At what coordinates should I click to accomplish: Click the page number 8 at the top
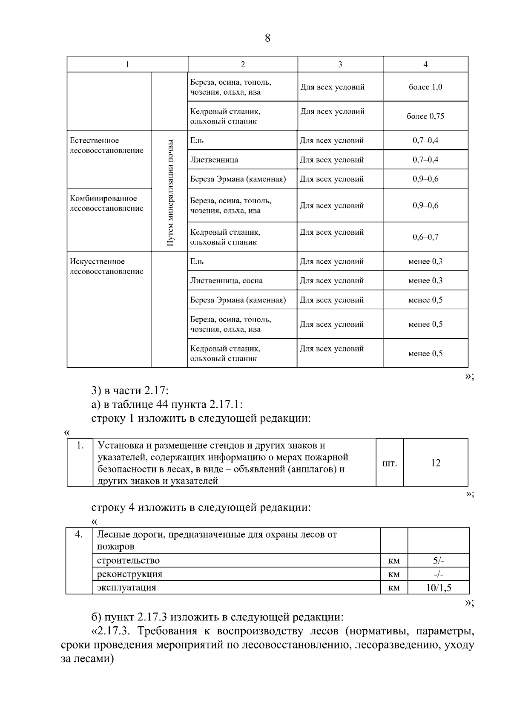(267, 38)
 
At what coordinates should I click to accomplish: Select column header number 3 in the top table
(340, 64)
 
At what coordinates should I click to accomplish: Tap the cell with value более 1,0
(425, 87)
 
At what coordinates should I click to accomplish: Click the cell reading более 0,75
(425, 116)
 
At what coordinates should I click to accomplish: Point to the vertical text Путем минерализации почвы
(170, 192)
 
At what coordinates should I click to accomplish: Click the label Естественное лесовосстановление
(106, 145)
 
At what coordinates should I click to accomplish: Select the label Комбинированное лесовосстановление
(106, 203)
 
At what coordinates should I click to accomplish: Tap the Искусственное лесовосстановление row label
(106, 266)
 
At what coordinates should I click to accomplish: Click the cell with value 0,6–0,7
(425, 237)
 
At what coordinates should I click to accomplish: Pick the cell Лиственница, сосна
(226, 280)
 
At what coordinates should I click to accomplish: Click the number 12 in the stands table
(435, 463)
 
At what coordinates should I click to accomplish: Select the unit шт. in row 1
(390, 463)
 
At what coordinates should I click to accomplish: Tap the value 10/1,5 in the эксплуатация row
(438, 588)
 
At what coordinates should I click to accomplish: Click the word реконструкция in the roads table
(129, 574)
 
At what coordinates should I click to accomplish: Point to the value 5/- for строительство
(439, 561)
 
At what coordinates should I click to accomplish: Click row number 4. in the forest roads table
(79, 534)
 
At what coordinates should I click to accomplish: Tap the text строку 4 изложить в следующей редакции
(201, 507)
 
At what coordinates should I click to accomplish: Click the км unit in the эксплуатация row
(394, 588)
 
